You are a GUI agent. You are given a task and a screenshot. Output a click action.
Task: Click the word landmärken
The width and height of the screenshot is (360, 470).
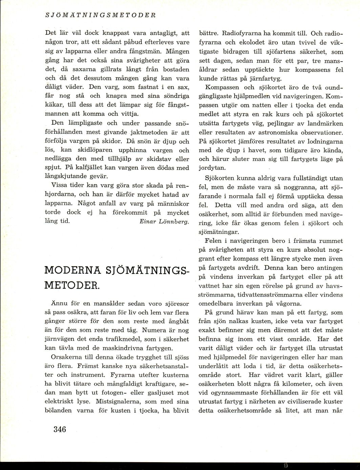328,123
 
